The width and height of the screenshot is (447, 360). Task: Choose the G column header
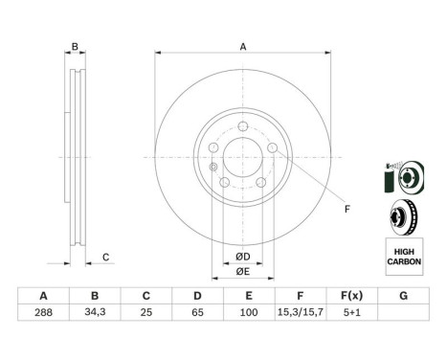403,296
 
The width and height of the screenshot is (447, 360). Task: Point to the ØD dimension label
243,257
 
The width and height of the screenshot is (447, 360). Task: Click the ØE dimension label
243,271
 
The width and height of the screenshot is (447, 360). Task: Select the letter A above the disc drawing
243,47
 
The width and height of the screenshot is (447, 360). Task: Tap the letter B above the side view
74,47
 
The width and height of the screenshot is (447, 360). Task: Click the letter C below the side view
106,256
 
